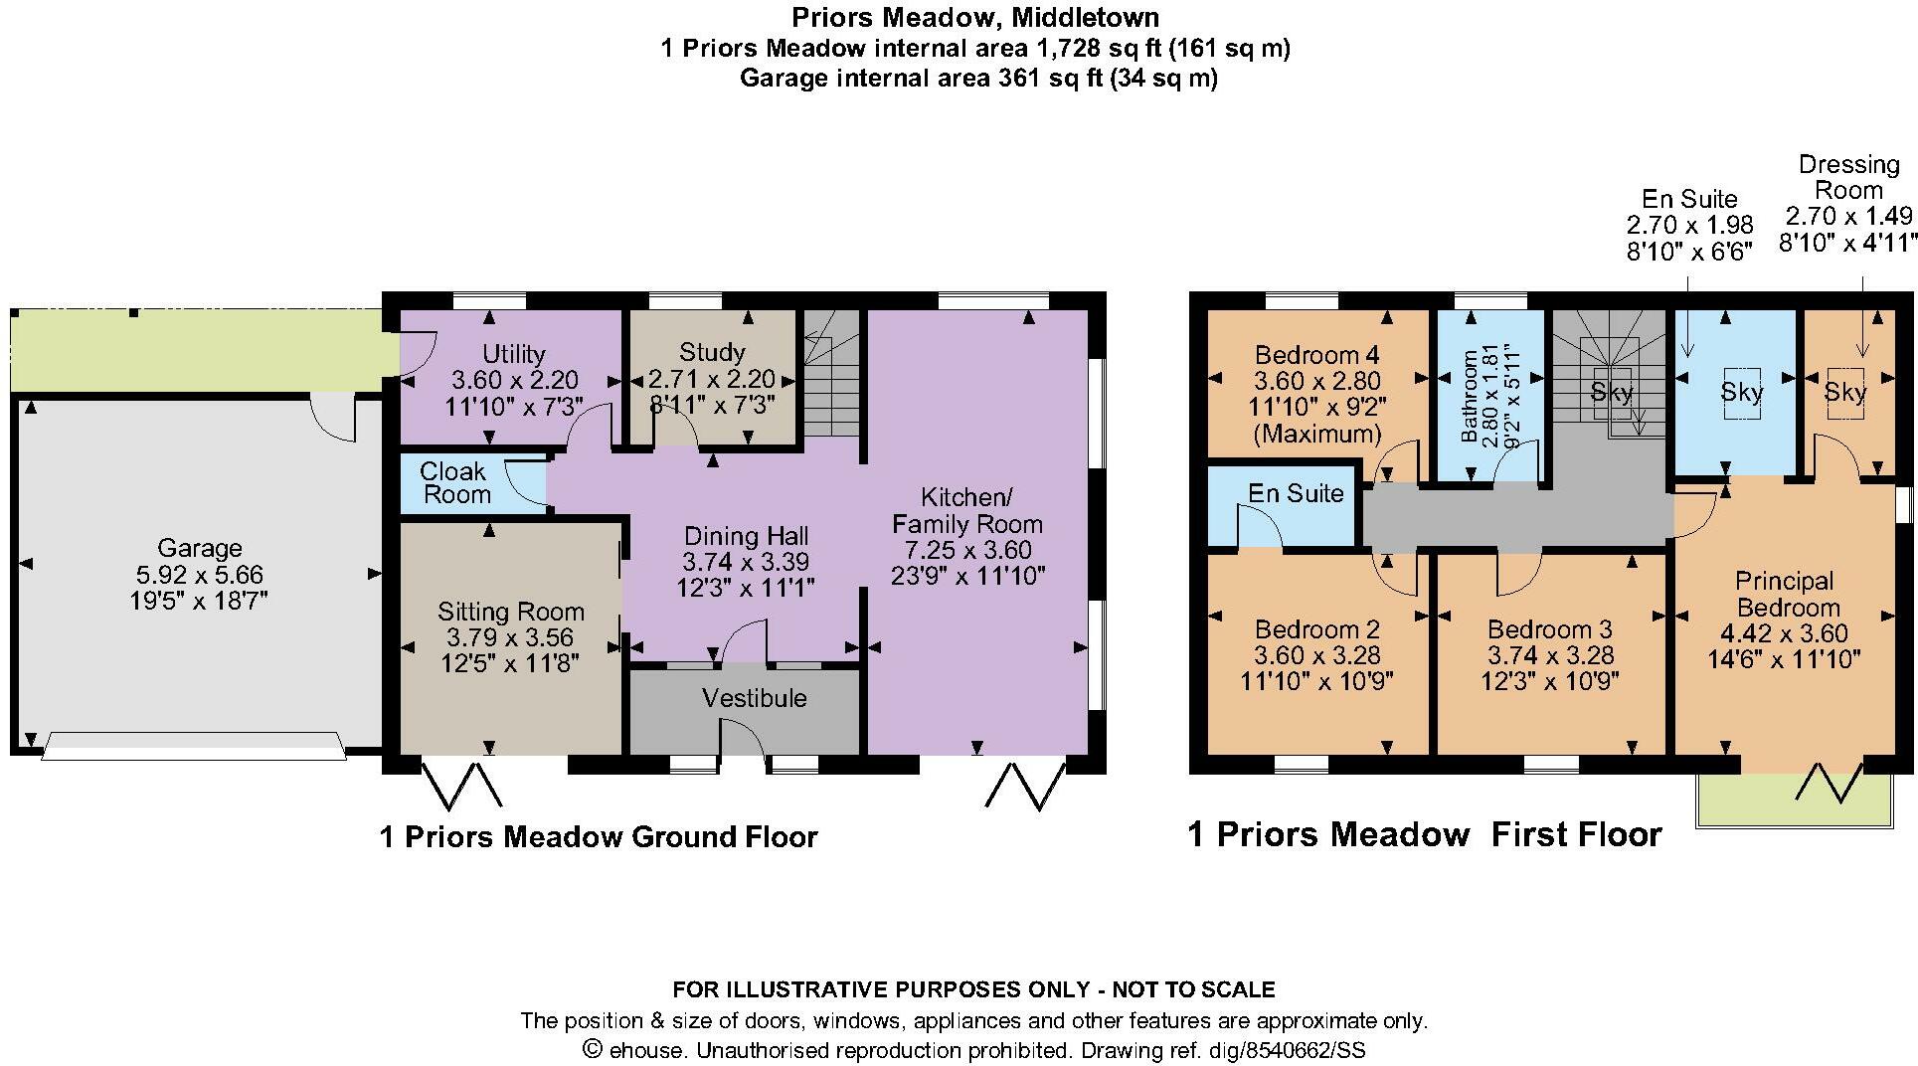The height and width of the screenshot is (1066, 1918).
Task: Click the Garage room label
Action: coord(199,548)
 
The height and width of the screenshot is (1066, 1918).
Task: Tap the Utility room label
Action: coord(513,354)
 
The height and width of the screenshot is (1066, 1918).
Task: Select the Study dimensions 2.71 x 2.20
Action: coord(711,379)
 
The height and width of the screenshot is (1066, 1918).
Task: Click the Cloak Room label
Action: coord(455,482)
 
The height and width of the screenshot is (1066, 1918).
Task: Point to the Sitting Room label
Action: coord(510,612)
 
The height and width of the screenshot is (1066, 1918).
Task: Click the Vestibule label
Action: coord(754,698)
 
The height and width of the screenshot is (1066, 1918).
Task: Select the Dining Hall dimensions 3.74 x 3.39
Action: coord(745,562)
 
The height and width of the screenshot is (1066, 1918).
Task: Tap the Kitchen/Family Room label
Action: coord(966,510)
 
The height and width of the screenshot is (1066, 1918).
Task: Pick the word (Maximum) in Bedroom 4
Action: coord(1316,434)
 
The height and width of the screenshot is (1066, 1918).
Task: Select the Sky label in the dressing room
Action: coord(1844,392)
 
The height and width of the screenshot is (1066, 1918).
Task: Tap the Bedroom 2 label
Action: coord(1316,629)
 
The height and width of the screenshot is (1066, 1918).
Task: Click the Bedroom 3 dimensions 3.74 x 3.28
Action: coord(1550,655)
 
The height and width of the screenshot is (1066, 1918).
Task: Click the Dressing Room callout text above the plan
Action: coord(1848,177)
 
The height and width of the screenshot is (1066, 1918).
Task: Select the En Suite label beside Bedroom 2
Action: coord(1295,493)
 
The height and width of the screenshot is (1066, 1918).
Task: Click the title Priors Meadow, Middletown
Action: coord(974,17)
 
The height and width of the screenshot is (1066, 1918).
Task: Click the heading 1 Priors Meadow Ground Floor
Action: coord(598,837)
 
